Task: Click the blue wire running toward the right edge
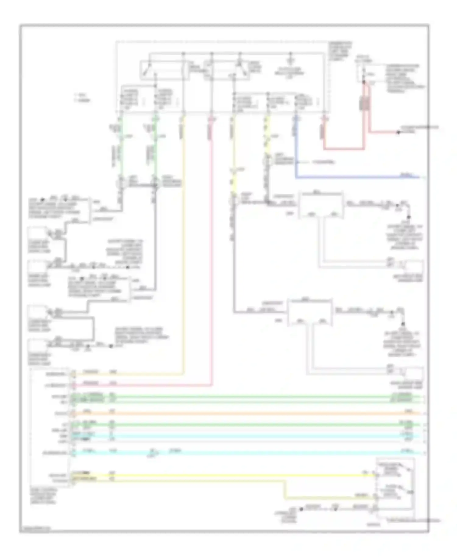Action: (x=350, y=177)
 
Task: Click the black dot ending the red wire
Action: (x=398, y=132)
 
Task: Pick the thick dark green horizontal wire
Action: (x=244, y=425)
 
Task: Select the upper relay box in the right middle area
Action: (x=321, y=205)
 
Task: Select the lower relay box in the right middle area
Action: (x=310, y=312)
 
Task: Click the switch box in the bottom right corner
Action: (x=395, y=484)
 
